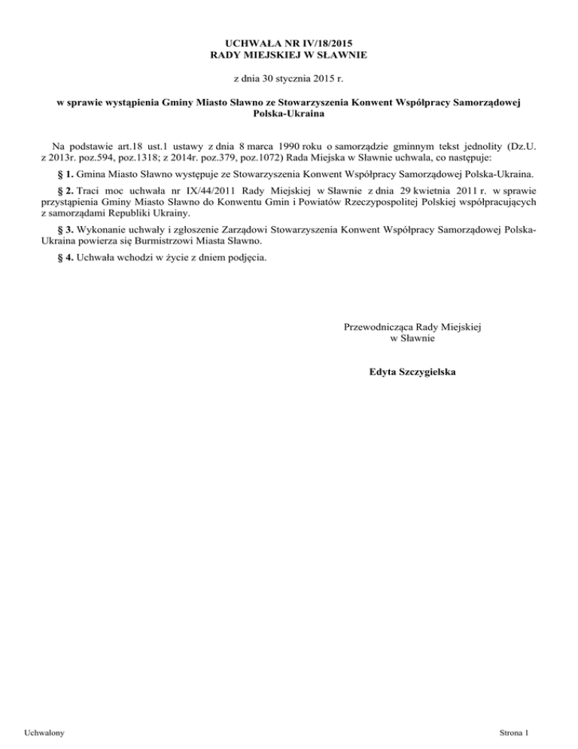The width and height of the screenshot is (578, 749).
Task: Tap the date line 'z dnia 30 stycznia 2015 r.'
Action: coord(289,78)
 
